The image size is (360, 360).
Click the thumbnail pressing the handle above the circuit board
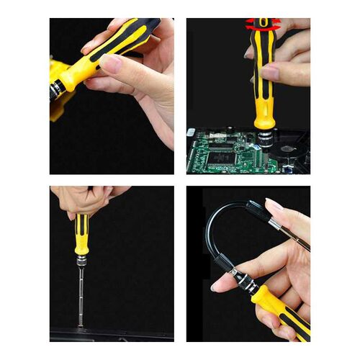pyautogui.click(x=270, y=72)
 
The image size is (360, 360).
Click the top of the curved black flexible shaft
pyautogui.click(x=230, y=209)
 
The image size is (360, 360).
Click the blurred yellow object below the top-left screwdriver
pyautogui.click(x=58, y=108)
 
